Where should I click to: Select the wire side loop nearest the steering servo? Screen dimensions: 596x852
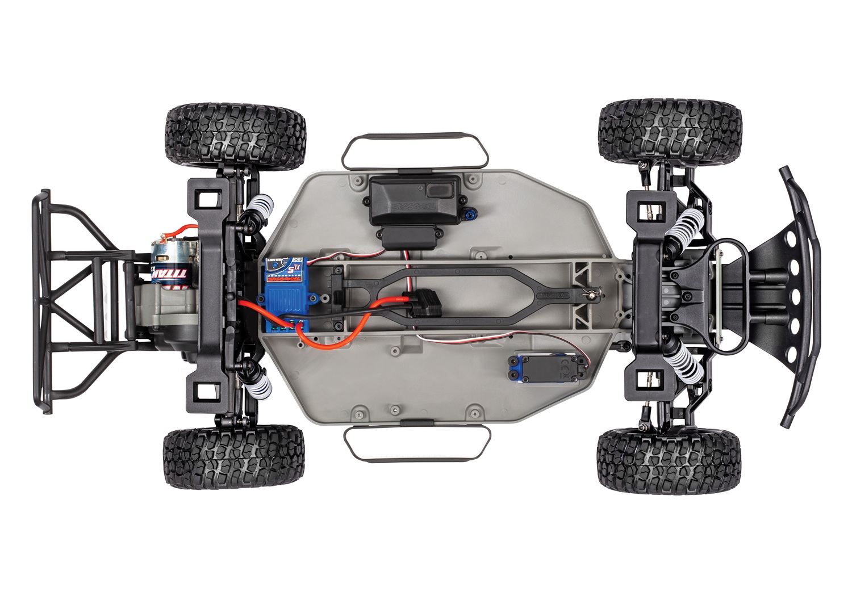[416, 443]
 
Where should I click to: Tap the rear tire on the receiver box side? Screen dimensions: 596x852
[236, 135]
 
